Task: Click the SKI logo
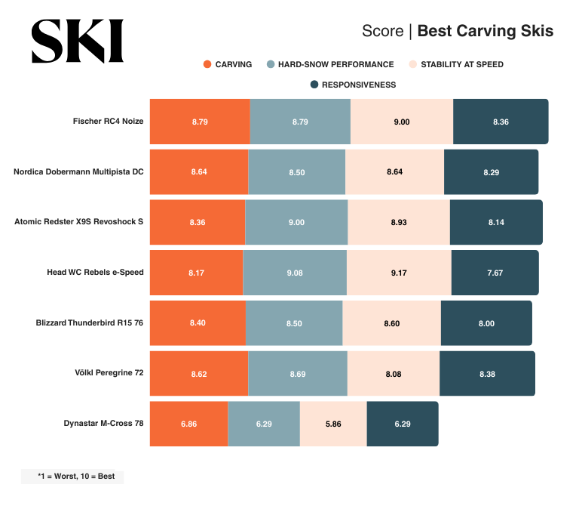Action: point(77,41)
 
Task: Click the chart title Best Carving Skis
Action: point(485,31)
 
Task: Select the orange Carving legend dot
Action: point(207,64)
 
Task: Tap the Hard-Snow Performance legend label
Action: point(335,64)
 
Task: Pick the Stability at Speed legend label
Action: point(461,64)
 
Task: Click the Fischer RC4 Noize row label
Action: point(108,121)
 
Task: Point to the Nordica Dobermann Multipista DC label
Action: point(78,171)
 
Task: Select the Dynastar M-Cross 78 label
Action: point(103,424)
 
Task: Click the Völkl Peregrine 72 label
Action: point(109,373)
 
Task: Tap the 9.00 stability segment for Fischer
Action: point(402,122)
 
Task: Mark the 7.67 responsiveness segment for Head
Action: point(495,273)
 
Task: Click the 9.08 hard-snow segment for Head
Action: point(295,273)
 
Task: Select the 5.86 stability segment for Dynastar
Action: point(333,424)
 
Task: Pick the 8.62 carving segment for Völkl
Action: point(199,373)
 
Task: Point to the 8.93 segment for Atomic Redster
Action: point(398,222)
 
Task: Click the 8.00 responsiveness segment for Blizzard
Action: point(486,323)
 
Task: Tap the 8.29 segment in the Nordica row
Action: point(491,172)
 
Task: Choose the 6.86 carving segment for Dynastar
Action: point(188,424)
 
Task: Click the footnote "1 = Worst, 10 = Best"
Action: point(73,477)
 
